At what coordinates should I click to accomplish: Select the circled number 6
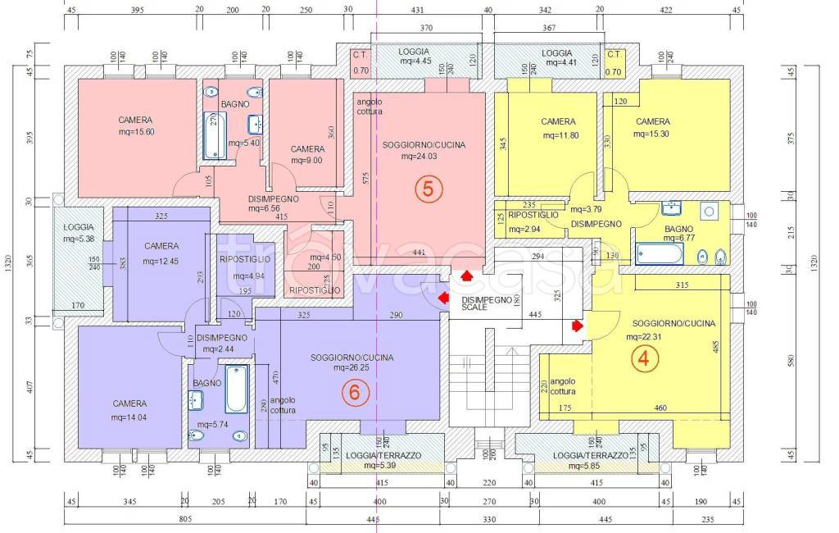point(354,393)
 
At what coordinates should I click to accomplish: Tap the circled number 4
point(646,359)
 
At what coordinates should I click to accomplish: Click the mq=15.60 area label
point(135,132)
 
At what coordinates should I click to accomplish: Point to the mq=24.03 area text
point(424,157)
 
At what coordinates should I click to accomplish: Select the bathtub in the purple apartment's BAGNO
point(236,389)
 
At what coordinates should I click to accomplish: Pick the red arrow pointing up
point(466,276)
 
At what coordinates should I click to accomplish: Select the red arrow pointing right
point(578,326)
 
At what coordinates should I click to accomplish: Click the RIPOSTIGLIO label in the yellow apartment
point(533,215)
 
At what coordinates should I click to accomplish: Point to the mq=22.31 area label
point(650,336)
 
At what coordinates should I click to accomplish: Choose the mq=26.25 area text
point(352,368)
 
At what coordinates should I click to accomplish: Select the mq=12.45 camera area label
point(161,262)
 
